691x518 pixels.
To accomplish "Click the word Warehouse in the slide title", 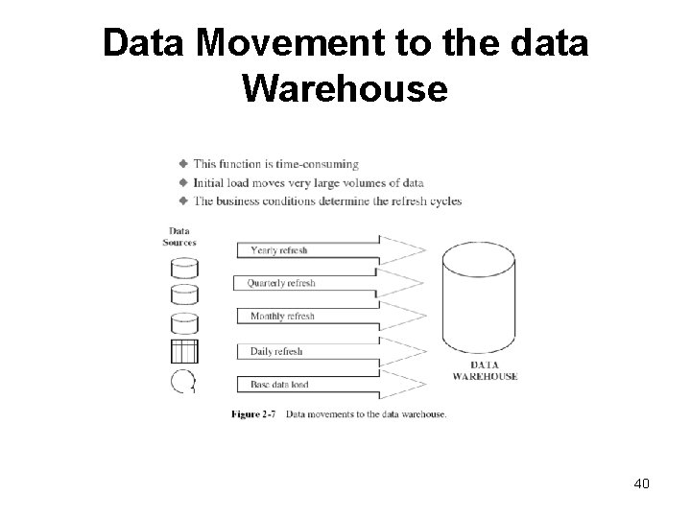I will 345,89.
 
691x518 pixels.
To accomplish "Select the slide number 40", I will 641,483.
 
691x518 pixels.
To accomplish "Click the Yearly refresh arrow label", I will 278,250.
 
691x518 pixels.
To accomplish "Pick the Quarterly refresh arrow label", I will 280,283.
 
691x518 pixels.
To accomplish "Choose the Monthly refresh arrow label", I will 281,317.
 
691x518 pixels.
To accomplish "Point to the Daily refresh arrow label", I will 276,351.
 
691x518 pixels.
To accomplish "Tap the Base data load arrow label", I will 279,385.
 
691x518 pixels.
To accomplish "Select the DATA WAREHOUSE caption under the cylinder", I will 485,371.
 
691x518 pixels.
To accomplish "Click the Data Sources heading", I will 179,236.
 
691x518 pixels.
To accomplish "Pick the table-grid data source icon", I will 183,351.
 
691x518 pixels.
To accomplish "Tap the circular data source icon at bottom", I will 182,382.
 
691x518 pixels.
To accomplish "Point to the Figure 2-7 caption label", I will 253,415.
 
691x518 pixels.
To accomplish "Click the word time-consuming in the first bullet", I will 320,165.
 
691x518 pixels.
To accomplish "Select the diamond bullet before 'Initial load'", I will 182,182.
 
